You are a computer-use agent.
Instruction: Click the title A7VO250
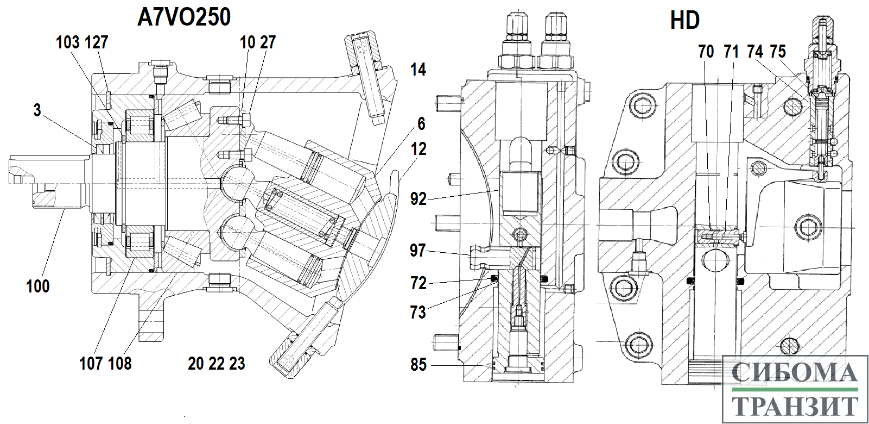click(x=184, y=17)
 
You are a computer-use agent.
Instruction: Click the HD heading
click(x=685, y=20)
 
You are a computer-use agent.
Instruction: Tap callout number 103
click(x=68, y=42)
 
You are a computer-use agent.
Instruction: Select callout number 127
click(x=96, y=42)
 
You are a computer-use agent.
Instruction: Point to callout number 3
click(x=37, y=110)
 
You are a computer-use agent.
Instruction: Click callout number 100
click(x=38, y=286)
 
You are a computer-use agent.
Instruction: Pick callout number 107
click(x=91, y=364)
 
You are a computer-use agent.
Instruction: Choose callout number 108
click(x=120, y=364)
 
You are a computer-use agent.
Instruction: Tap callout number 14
click(x=418, y=70)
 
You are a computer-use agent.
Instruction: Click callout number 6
click(x=421, y=124)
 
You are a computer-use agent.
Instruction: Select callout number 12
click(x=418, y=149)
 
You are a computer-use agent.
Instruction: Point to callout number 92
click(x=418, y=199)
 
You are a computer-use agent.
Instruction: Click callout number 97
click(x=418, y=251)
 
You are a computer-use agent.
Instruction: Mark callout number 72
click(x=418, y=283)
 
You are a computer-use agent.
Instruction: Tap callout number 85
click(x=418, y=365)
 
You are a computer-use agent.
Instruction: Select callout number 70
click(x=706, y=52)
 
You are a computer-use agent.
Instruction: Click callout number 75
click(x=778, y=52)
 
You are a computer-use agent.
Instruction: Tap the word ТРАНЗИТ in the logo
click(x=794, y=406)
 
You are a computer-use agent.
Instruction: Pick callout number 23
click(x=237, y=364)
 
